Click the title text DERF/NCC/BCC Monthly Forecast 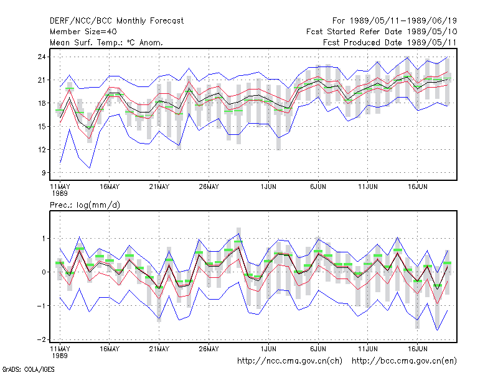coord(116,21)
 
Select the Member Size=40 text coord(83,32)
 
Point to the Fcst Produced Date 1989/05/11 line coord(390,42)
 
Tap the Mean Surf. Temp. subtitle coord(106,42)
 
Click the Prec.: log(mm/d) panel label coord(85,205)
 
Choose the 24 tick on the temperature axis coord(42,57)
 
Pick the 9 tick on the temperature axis coord(44,173)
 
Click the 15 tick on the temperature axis coord(42,127)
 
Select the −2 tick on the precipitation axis coord(41,339)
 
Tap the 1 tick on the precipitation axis coord(44,239)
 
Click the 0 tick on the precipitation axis coord(44,272)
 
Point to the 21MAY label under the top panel coord(159,187)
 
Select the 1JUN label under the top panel coord(268,187)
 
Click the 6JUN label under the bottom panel coord(318,349)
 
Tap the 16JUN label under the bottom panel coord(417,349)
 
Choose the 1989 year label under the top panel coord(60,193)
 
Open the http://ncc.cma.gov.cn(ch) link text coord(289,361)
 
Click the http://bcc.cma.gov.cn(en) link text coord(404,361)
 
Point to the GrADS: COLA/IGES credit coord(28,369)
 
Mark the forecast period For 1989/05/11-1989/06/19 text coord(395,21)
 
